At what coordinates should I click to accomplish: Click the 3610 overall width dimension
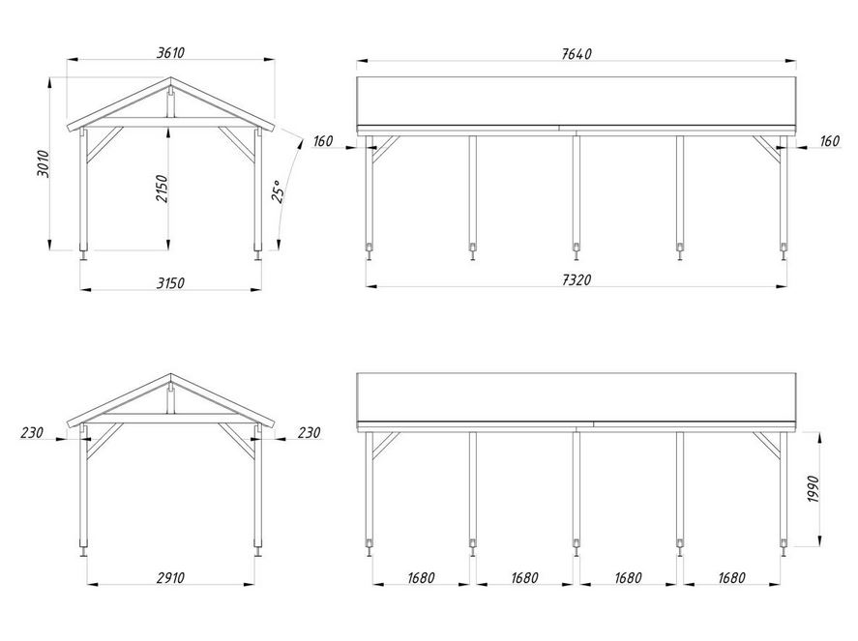tap(170, 51)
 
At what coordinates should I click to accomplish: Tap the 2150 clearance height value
tap(163, 188)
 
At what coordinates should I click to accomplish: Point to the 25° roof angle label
tap(278, 190)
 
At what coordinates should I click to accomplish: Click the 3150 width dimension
tap(170, 282)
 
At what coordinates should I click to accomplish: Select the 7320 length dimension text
tap(577, 279)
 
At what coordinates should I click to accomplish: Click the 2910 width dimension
tap(170, 577)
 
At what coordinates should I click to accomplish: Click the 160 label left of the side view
tap(323, 141)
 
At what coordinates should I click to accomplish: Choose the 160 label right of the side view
tap(830, 141)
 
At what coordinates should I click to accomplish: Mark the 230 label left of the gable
tap(32, 433)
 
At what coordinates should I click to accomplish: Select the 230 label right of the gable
tap(309, 433)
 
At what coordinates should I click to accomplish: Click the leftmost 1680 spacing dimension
tap(420, 578)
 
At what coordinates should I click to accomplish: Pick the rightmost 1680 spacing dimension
tap(732, 578)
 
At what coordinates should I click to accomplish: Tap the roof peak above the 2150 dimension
tap(170, 79)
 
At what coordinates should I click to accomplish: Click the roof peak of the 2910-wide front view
tap(170, 375)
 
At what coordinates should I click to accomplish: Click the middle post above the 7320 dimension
tap(576, 193)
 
